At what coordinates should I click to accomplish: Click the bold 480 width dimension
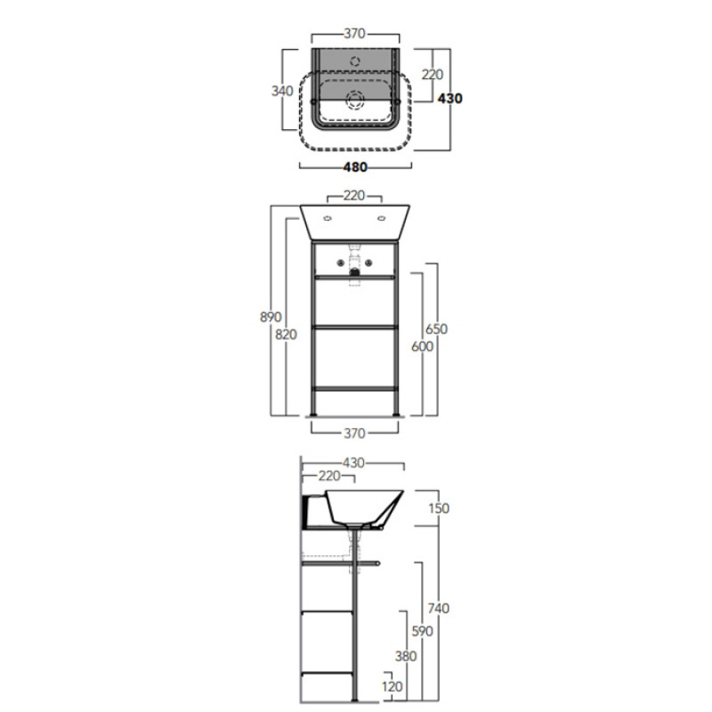tap(355, 167)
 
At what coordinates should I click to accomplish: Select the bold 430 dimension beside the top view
tap(450, 99)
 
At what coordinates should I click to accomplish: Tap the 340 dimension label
tap(282, 91)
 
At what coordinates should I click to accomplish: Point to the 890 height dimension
tap(271, 317)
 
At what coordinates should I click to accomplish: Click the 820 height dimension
tap(286, 335)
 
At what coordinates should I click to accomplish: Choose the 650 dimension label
tap(436, 328)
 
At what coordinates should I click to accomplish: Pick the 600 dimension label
tap(422, 346)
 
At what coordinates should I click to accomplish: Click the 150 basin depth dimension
tap(439, 508)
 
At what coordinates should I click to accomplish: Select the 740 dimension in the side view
tap(438, 608)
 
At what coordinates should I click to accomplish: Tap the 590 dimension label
tap(422, 631)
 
